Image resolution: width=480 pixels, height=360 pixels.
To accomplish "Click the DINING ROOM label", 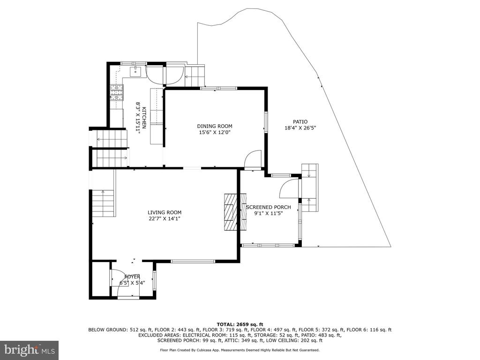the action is pyautogui.click(x=215, y=126).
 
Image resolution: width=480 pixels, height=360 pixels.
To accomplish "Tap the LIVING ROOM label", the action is pyautogui.click(x=165, y=212).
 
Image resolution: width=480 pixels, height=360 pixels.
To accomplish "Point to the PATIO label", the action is pyautogui.click(x=300, y=122).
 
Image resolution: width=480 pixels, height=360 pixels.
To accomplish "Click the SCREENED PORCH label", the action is pyautogui.click(x=269, y=207).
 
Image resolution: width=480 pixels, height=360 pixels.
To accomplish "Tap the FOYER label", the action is pyautogui.click(x=132, y=277).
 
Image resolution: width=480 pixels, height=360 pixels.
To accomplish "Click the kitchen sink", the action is pyautogui.click(x=135, y=71).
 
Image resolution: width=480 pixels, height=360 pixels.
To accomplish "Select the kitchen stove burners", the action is pyautogui.click(x=117, y=92).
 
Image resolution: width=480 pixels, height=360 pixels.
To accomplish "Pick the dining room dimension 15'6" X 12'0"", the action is pyautogui.click(x=215, y=133).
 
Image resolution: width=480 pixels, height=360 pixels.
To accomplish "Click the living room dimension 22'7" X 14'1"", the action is pyautogui.click(x=165, y=218).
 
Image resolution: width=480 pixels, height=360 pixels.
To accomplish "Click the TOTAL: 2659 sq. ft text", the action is pyautogui.click(x=240, y=324).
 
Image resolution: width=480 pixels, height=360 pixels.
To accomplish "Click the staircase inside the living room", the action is pyautogui.click(x=103, y=203).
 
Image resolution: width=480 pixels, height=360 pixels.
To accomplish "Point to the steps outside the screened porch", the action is pyautogui.click(x=310, y=187).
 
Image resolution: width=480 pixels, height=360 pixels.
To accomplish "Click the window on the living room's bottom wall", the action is pyautogui.click(x=193, y=261).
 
